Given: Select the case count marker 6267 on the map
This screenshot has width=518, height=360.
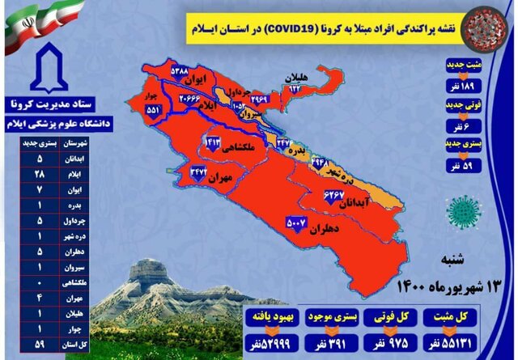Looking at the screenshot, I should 334,196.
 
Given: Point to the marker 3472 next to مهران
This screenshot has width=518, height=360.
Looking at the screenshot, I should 199,172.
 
